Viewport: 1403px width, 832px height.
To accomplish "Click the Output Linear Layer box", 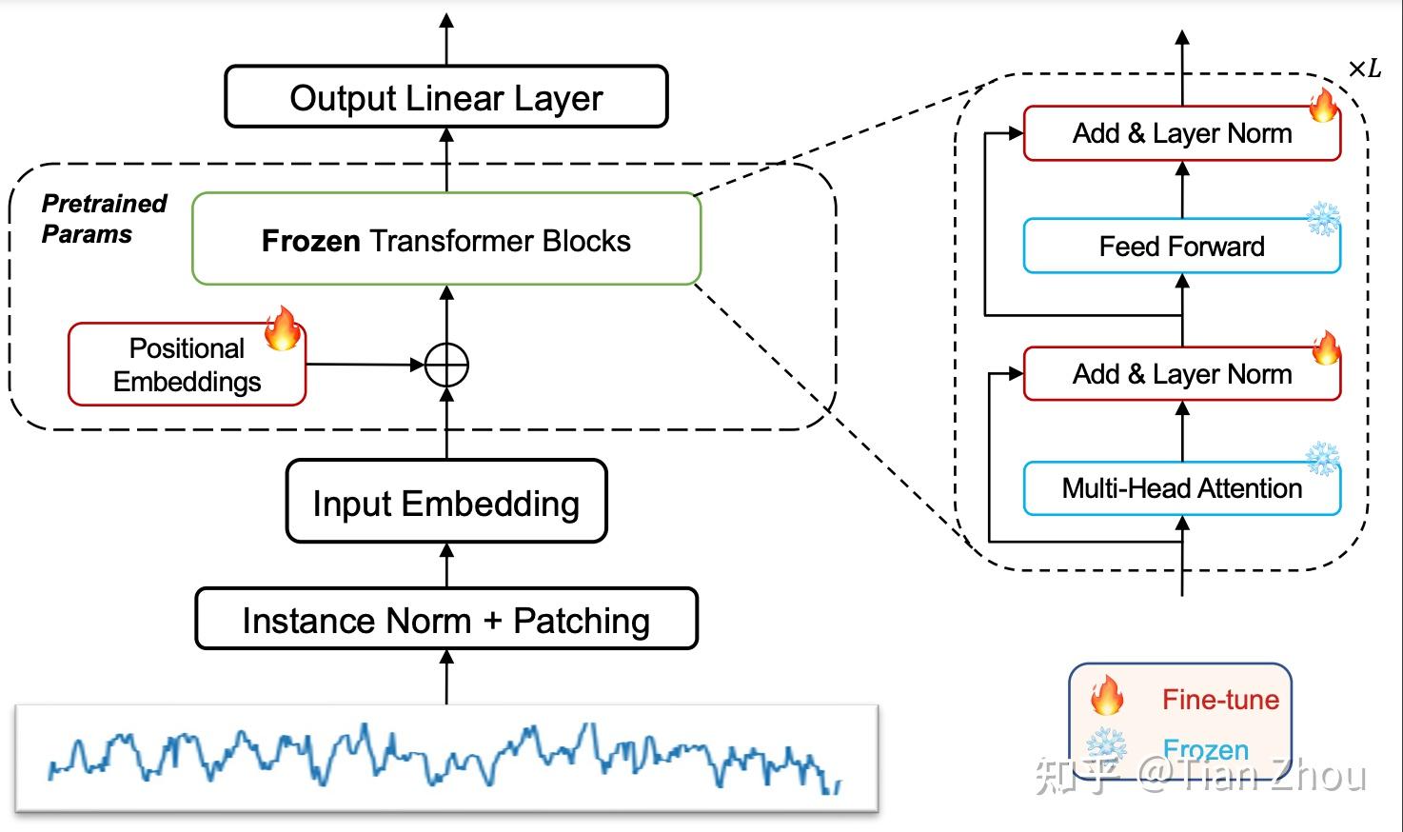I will (445, 97).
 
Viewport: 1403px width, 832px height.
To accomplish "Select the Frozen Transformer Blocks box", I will (445, 240).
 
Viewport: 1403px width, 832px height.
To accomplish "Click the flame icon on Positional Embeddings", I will (282, 328).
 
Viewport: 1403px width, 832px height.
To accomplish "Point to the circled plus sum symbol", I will (446, 365).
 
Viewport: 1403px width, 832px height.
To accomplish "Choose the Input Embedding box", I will (445, 503).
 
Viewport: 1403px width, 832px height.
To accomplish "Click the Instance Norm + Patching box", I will (445, 621).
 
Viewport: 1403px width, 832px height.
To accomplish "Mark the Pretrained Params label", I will (103, 219).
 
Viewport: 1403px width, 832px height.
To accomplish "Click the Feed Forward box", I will (1181, 247).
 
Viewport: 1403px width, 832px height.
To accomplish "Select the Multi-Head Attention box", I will (1181, 488).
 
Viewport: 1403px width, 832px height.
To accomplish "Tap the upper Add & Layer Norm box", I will (1181, 133).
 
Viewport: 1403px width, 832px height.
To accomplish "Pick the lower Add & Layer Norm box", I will (1181, 374).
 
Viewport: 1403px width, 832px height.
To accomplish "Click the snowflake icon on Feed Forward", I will (1322, 219).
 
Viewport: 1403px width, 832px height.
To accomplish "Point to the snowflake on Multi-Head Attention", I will (1322, 459).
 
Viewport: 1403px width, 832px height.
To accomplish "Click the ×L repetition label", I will (1364, 69).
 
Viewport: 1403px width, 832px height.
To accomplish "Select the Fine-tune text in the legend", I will (1220, 700).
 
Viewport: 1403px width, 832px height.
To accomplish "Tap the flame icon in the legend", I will (1106, 696).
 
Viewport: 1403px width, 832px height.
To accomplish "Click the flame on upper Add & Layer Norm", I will (1323, 106).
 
